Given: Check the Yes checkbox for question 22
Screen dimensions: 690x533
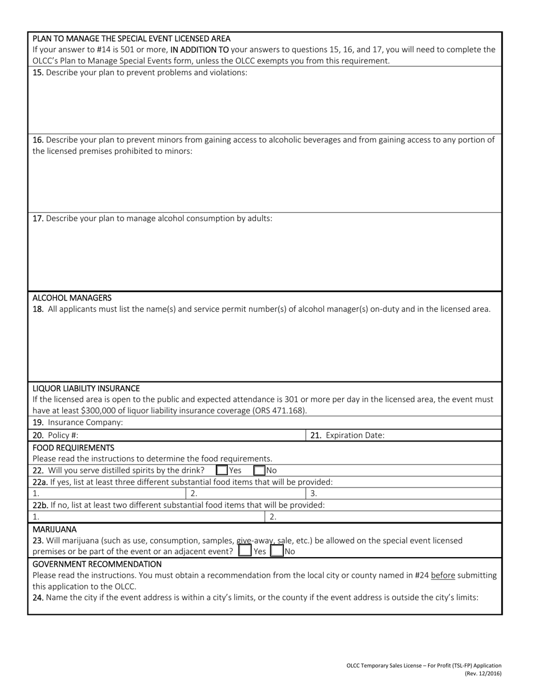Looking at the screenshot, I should point(222,470).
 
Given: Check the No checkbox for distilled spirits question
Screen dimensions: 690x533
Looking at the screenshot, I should point(259,470).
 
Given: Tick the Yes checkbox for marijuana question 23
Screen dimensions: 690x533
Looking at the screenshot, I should point(245,551).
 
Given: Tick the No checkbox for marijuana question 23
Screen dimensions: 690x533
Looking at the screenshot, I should point(277,551).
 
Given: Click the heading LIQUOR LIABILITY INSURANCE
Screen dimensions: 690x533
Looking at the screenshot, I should point(86,388).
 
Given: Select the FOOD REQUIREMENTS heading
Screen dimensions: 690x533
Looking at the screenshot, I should point(73,447).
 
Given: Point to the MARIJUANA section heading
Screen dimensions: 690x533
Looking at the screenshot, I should point(54,529).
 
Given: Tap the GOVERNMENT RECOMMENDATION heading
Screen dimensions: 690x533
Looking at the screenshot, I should point(97,564).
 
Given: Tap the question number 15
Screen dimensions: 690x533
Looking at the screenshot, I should point(38,72).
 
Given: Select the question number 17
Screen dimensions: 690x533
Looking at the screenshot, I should point(38,218).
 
